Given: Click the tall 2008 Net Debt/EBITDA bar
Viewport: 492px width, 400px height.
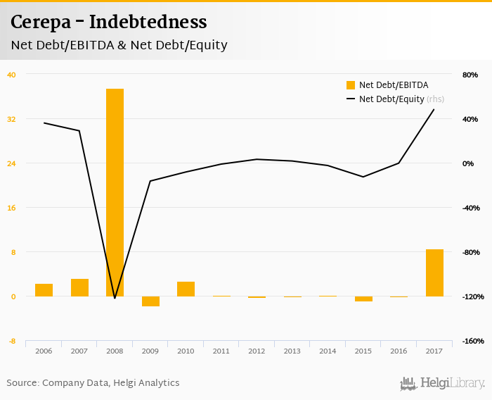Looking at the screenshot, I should pyautogui.click(x=115, y=192).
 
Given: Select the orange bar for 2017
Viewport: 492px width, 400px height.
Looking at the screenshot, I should pyautogui.click(x=434, y=273).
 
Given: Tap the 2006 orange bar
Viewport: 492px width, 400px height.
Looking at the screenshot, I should pyautogui.click(x=44, y=290).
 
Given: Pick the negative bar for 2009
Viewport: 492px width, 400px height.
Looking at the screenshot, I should pyautogui.click(x=150, y=301).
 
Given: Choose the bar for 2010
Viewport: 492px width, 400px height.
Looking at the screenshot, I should pyautogui.click(x=186, y=289).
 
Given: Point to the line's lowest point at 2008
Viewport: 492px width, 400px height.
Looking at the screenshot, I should pyautogui.click(x=115, y=298).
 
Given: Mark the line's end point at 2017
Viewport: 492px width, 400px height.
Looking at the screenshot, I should pyautogui.click(x=434, y=109).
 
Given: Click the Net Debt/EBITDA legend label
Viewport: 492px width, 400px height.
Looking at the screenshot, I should pyautogui.click(x=394, y=85).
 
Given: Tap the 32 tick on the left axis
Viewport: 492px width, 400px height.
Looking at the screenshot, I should pyautogui.click(x=11, y=119).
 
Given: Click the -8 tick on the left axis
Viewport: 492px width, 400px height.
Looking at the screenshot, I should pyautogui.click(x=11, y=342).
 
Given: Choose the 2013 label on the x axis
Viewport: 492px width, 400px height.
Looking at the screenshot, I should pyautogui.click(x=292, y=351).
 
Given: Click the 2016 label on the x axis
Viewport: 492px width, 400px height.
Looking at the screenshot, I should pyautogui.click(x=399, y=351).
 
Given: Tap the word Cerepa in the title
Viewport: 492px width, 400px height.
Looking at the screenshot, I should pyautogui.click(x=40, y=23).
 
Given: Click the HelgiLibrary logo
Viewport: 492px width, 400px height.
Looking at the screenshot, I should pyautogui.click(x=443, y=383).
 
